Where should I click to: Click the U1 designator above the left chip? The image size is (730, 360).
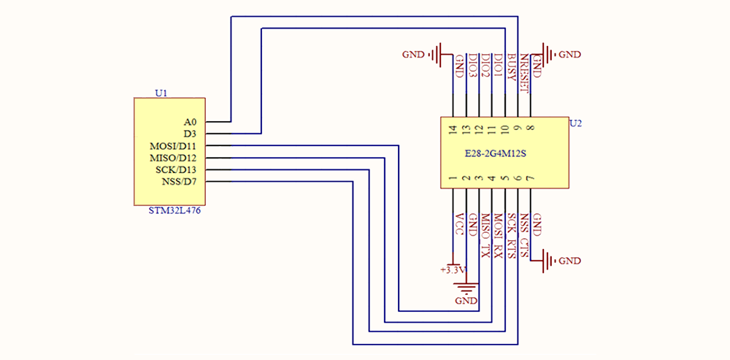click(161, 93)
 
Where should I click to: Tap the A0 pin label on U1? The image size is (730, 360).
click(190, 122)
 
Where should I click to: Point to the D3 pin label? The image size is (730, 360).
click(190, 134)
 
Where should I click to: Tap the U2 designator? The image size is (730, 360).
click(575, 123)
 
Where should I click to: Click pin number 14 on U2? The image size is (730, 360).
click(453, 130)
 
